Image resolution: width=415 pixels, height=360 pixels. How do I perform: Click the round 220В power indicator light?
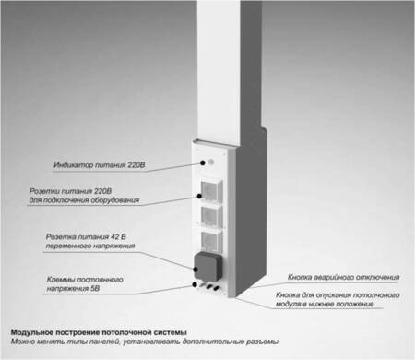pos(211,162)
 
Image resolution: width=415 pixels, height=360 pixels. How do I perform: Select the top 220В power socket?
pos(211,191)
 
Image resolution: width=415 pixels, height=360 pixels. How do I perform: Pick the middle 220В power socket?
pos(211,216)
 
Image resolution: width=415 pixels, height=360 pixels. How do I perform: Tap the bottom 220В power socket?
pos(211,241)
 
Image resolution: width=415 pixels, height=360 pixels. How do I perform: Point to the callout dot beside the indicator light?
pos(203,162)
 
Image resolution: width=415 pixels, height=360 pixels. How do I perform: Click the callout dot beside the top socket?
pos(199,196)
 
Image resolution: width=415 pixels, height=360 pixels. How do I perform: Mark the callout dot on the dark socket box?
pos(196,270)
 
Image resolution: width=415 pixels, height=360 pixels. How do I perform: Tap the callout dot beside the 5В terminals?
pos(195,284)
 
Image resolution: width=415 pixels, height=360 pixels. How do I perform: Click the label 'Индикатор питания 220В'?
pos(100,165)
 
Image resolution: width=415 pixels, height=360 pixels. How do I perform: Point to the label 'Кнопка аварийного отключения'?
pos(343,277)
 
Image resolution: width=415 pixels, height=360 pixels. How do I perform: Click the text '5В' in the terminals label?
pos(95,289)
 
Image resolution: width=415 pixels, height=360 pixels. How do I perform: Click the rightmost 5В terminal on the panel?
pos(217,288)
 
